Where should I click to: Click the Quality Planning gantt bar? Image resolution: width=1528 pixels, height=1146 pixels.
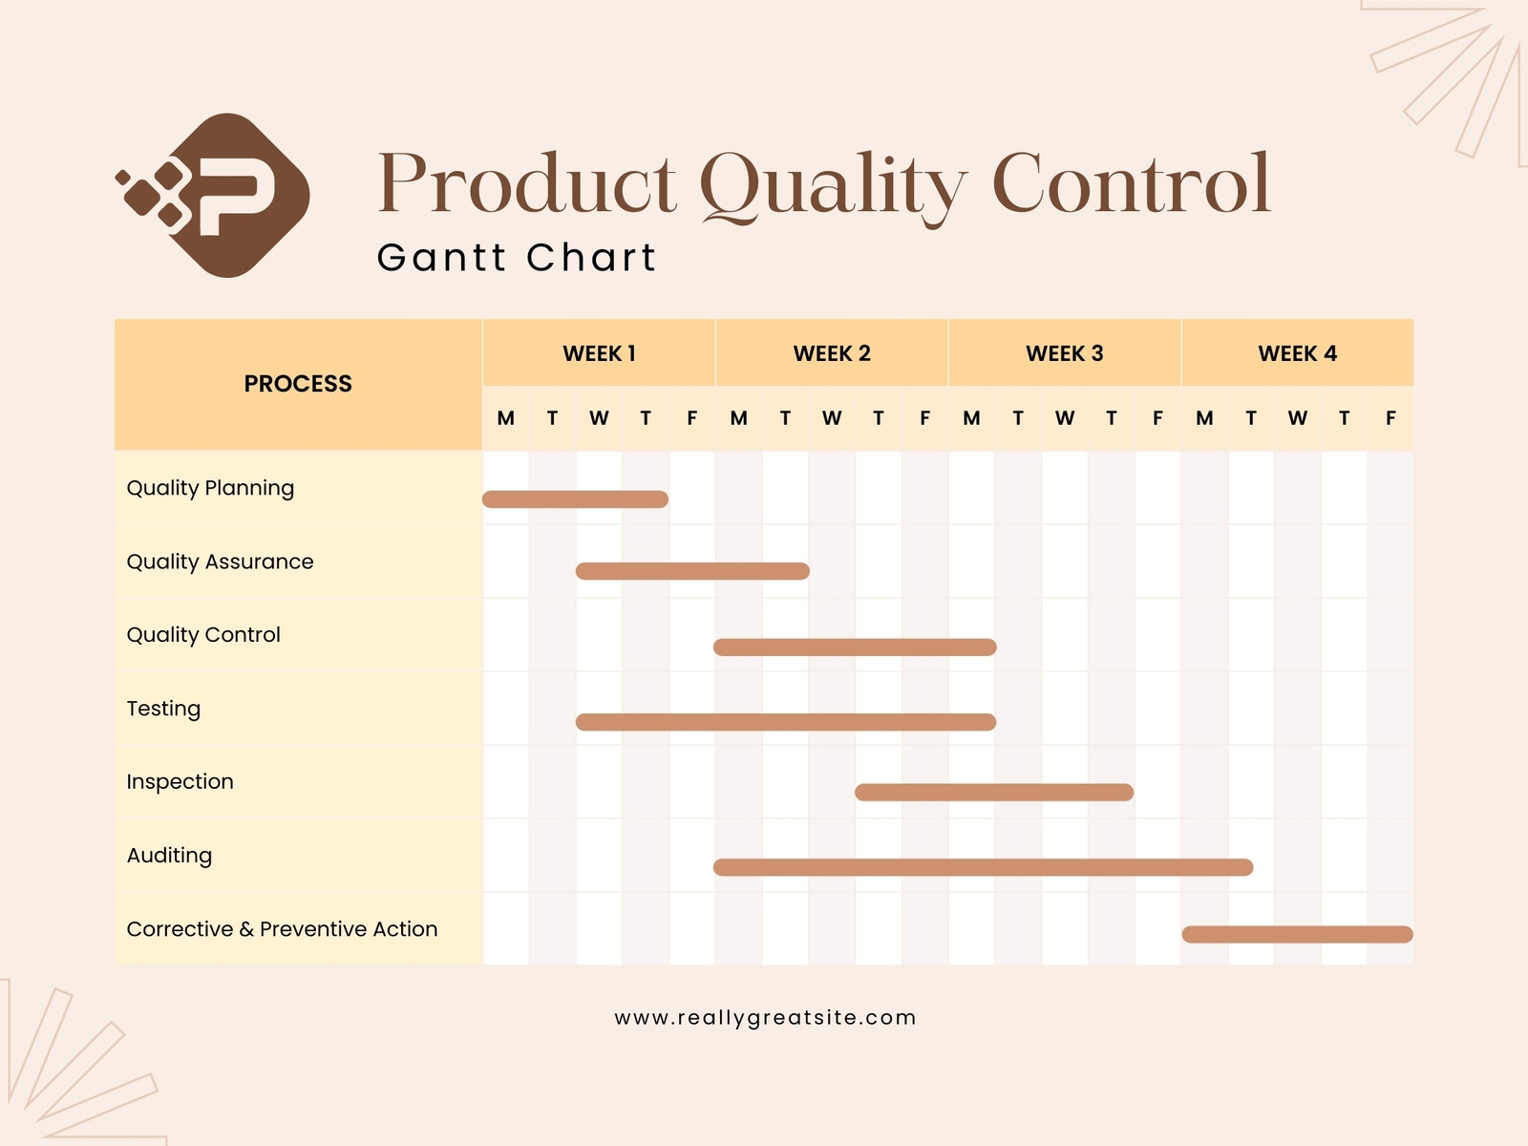point(575,499)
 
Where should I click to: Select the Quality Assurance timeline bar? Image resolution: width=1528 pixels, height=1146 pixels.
point(692,571)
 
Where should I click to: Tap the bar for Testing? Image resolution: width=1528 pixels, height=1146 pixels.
point(785,722)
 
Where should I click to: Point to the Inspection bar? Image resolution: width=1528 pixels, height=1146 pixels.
point(993,793)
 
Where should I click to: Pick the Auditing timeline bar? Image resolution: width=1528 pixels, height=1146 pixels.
point(983,867)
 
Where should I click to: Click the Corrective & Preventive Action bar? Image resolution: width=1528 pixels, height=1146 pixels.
point(1297,934)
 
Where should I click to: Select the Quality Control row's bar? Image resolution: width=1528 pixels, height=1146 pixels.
point(855,647)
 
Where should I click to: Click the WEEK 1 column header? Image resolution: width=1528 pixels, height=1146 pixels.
point(599,353)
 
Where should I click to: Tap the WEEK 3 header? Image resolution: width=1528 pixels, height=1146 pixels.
point(1064,353)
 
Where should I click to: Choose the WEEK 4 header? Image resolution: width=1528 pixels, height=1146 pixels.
point(1297,353)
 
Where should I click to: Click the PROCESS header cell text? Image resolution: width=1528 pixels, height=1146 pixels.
point(298,384)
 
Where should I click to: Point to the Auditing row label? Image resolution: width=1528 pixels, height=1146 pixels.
point(169,856)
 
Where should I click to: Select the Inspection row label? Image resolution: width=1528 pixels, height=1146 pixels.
point(180,782)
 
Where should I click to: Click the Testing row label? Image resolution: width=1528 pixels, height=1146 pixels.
point(163,709)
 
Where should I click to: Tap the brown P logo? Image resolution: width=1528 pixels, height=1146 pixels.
point(215,195)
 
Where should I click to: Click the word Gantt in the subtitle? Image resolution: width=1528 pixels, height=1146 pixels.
point(440,258)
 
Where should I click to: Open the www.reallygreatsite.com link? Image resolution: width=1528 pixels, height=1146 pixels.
point(765,1018)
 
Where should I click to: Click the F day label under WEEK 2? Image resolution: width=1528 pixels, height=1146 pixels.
point(924,418)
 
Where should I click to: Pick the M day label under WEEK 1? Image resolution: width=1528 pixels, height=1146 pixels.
point(505,418)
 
